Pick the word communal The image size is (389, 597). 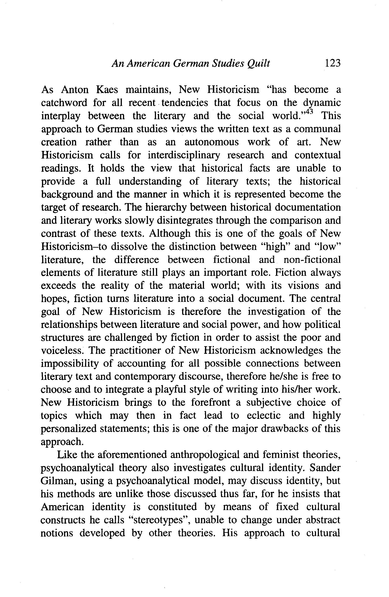317,129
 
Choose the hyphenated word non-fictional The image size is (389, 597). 312,260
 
